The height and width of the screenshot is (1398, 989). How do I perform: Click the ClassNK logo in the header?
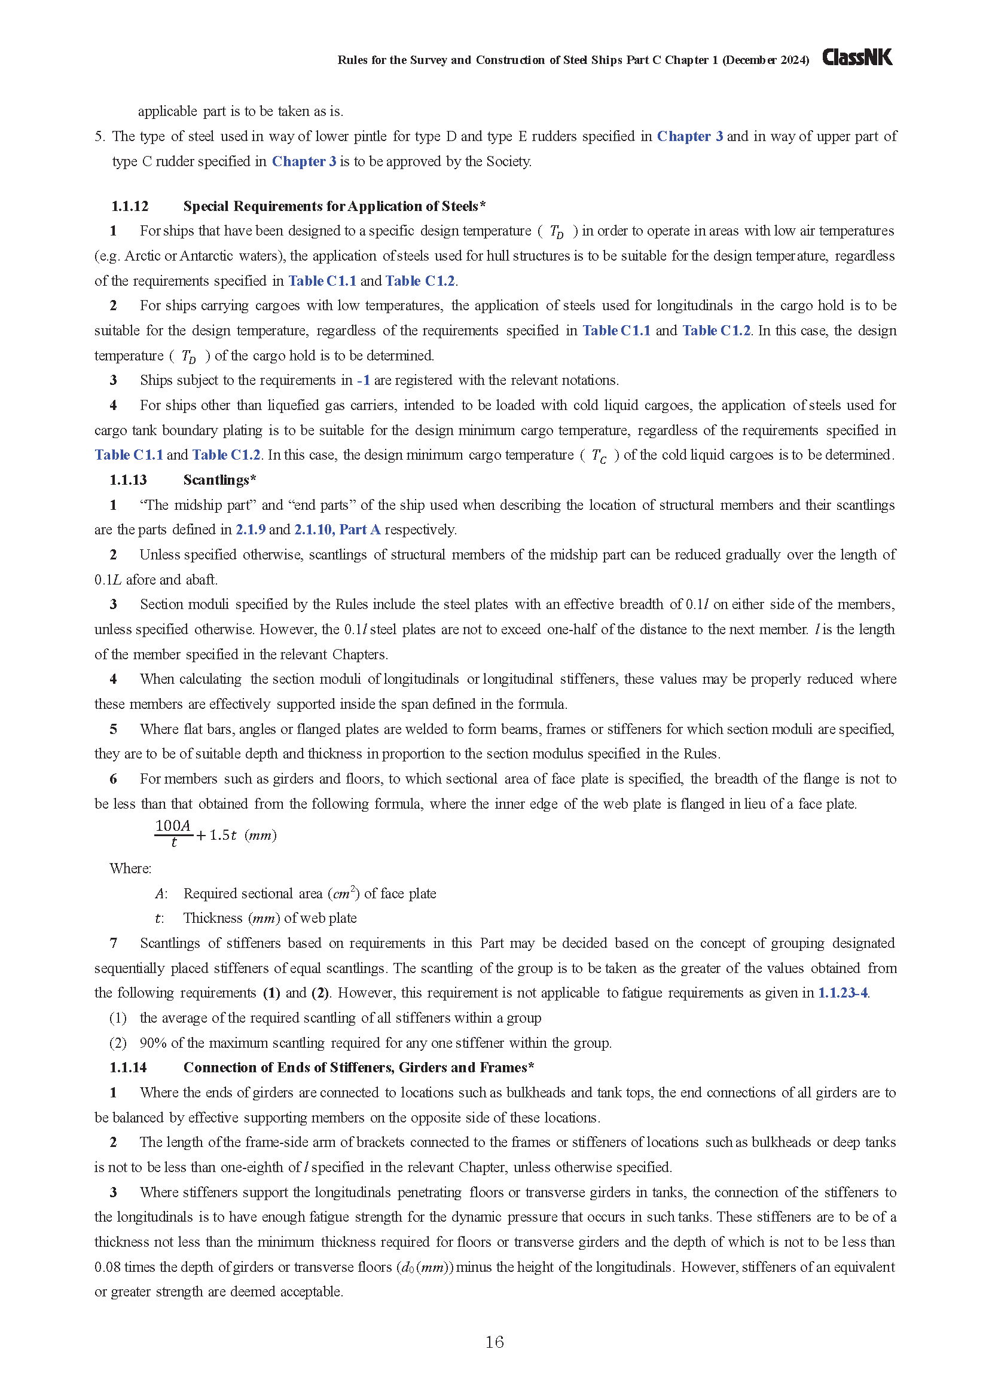coord(857,57)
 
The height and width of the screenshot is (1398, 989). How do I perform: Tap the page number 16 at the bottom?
coord(494,1341)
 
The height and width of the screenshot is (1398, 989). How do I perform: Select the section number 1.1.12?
coord(130,206)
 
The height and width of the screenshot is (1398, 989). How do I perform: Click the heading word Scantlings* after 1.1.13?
coord(219,480)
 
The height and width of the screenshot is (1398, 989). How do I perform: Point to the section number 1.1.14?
coord(129,1067)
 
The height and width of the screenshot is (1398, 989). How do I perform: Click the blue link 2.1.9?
coord(251,530)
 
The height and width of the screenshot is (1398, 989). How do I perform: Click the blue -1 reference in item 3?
coord(364,381)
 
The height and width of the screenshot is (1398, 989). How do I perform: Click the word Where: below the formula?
coord(130,868)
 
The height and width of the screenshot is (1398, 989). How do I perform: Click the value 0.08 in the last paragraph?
coord(108,1267)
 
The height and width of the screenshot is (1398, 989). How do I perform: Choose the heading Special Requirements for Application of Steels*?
coord(334,206)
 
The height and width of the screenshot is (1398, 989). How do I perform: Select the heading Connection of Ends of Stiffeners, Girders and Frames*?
coord(359,1067)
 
